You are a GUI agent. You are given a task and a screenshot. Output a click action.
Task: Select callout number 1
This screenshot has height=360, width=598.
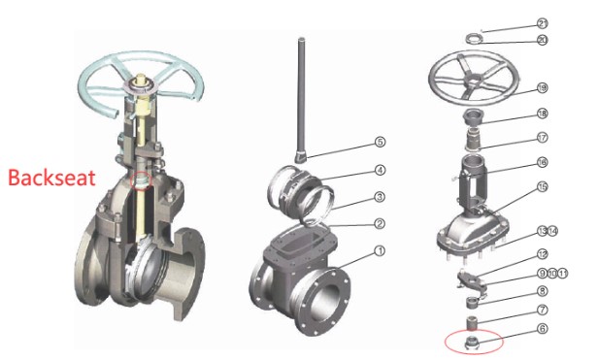380,250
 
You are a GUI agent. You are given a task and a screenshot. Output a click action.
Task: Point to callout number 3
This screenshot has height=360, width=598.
380,198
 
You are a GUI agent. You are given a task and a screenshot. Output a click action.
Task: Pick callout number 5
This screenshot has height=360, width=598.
381,142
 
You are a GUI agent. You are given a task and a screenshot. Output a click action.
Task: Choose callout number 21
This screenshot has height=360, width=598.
542,22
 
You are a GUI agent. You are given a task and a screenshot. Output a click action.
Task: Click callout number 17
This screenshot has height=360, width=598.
542,137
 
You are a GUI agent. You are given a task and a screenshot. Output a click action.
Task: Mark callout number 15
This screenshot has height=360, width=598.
542,186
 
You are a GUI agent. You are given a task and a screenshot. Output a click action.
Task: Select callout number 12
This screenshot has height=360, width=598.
542,253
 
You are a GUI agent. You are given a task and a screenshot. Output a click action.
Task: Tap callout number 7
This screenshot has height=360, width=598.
542,310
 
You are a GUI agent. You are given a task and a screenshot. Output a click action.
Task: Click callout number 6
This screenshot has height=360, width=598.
542,329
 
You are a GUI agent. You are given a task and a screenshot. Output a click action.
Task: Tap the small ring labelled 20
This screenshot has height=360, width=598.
475,39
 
